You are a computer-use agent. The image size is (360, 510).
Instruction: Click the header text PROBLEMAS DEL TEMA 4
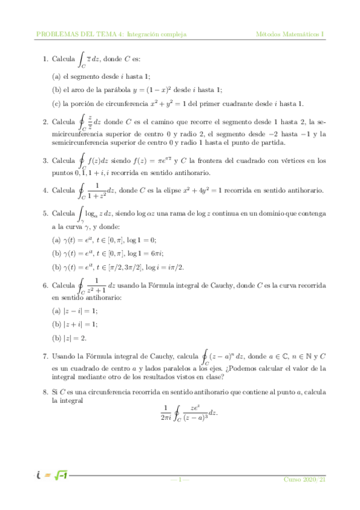pyautogui.click(x=79, y=34)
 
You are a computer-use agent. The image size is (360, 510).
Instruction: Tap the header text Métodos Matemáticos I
pyautogui.click(x=290, y=34)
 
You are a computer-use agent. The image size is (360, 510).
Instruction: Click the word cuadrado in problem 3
pyautogui.click(x=237, y=161)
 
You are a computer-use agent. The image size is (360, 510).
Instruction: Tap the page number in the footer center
pyautogui.click(x=180, y=479)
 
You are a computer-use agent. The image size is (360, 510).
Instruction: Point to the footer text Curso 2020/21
pyautogui.click(x=305, y=479)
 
